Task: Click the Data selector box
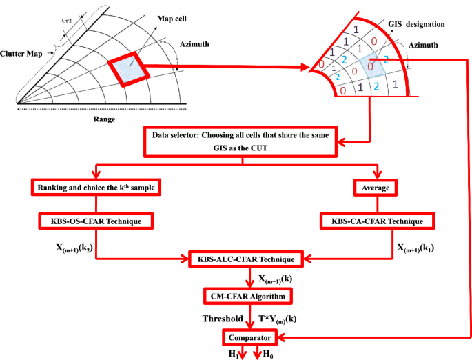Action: (240, 142)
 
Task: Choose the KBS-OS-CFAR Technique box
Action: (95, 221)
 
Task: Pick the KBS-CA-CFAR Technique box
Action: (376, 221)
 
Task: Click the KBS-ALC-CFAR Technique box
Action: (246, 259)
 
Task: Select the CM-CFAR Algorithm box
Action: (247, 296)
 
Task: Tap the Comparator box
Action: (249, 337)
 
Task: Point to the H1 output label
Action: (234, 353)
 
